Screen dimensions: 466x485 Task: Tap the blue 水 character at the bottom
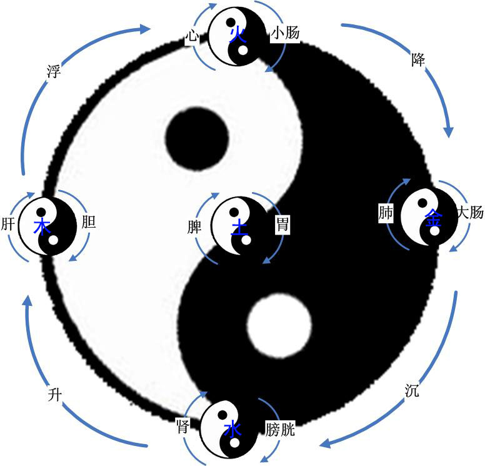[232, 430]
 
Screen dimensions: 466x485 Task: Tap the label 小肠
[284, 35]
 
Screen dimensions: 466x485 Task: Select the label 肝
[9, 223]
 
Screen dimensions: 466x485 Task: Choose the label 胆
[89, 223]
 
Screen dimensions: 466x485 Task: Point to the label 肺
[386, 213]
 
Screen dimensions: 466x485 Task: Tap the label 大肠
[470, 213]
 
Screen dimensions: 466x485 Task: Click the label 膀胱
[279, 430]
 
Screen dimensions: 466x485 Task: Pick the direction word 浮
[54, 70]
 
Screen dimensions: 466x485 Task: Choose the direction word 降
[418, 61]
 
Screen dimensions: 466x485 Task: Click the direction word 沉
[412, 392]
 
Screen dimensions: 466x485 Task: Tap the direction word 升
[56, 394]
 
